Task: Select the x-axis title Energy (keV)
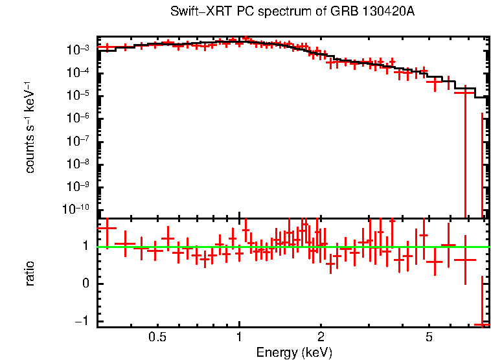294,353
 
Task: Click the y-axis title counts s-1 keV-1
30,127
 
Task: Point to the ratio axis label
30,273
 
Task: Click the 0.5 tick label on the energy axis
157,337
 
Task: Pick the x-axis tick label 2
321,337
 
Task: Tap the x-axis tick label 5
429,337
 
